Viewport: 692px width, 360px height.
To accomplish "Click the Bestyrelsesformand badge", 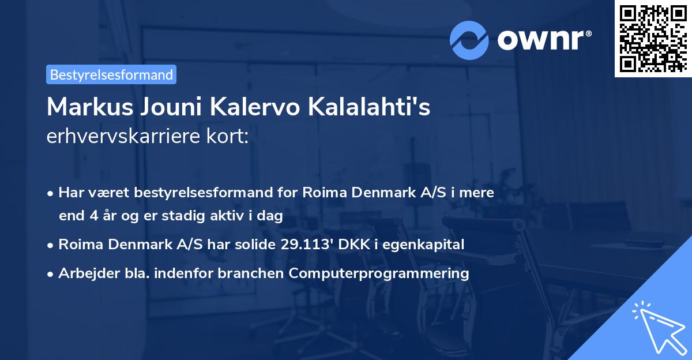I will pyautogui.click(x=111, y=74).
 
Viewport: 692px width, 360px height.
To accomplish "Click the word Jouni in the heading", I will pyautogui.click(x=167, y=107).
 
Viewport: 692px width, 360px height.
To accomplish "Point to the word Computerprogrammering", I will pyautogui.click(x=379, y=273).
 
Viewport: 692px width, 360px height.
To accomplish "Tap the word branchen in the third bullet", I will pyautogui.click(x=256, y=273).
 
